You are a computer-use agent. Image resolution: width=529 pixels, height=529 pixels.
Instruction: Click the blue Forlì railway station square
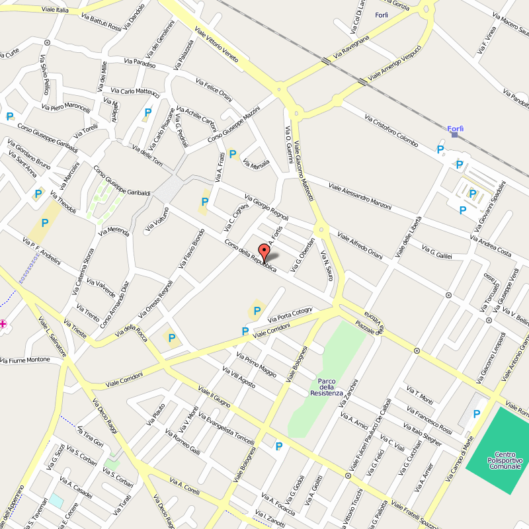click(454, 134)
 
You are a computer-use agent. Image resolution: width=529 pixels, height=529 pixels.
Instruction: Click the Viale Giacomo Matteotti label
click(305, 172)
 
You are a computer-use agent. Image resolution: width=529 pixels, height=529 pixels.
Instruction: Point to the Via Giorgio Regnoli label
click(266, 207)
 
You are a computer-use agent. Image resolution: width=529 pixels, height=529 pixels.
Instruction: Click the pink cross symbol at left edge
click(3, 323)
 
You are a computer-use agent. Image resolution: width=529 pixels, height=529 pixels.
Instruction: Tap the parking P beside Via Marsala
click(233, 154)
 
